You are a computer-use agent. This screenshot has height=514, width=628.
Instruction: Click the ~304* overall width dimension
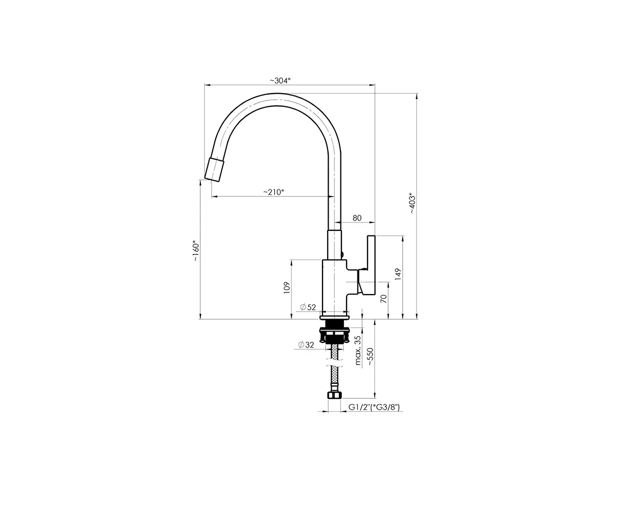[x=280, y=81]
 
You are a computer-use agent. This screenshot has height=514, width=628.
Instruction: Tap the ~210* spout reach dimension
[x=274, y=192]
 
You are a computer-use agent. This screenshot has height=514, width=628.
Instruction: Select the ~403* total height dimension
[x=412, y=203]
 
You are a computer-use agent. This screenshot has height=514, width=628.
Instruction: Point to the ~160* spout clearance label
[x=196, y=251]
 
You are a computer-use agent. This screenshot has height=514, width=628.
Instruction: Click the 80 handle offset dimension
[x=357, y=218]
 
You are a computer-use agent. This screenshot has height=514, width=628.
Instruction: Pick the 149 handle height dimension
[x=398, y=274]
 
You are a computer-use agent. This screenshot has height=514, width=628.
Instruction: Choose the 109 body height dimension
[x=287, y=288]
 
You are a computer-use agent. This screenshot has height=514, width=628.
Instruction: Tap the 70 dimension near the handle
[x=384, y=299]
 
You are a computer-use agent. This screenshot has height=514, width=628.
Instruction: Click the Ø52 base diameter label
[x=308, y=307]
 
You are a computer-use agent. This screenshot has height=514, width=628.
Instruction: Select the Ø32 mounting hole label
[x=306, y=345]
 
